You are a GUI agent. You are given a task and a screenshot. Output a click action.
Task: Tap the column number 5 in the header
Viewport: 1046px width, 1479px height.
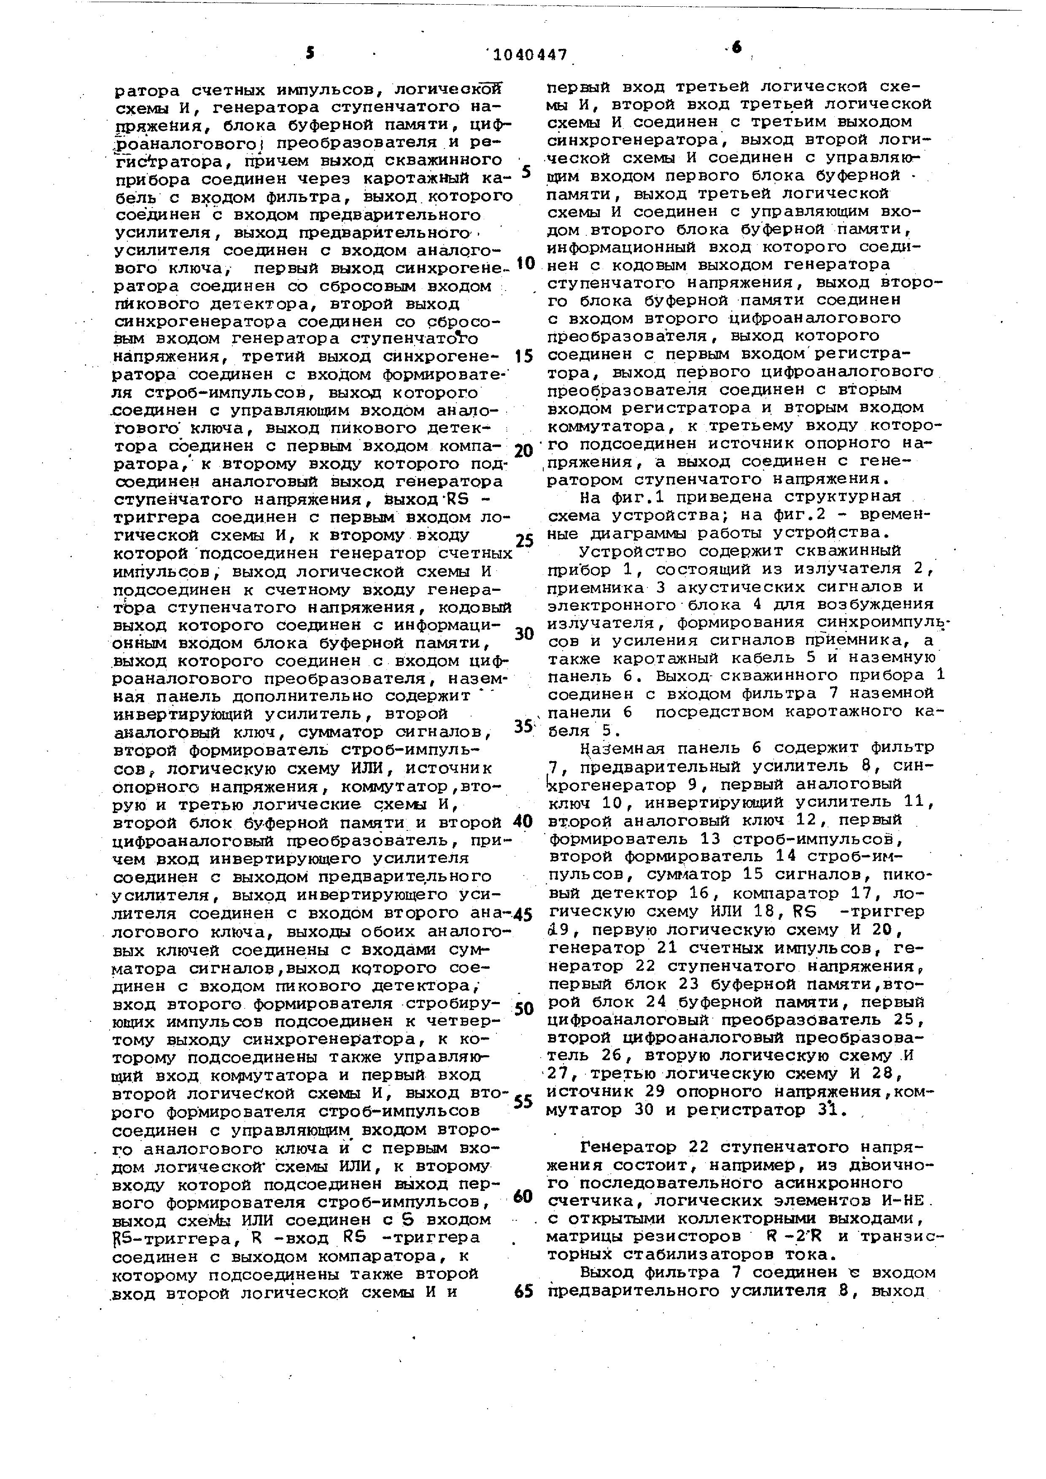[310, 54]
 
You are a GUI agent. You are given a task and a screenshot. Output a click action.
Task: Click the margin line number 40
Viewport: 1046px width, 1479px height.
[523, 821]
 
